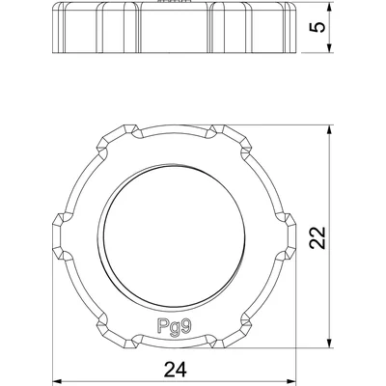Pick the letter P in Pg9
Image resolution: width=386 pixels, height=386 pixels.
pyautogui.click(x=156, y=325)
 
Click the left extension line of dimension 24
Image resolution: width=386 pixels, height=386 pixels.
pyautogui.click(x=48, y=318)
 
